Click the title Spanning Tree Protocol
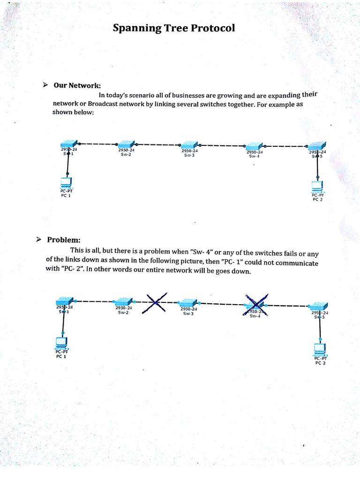173,29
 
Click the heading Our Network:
77,85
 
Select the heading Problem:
64,240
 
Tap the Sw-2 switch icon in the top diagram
126,144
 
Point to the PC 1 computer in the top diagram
67,182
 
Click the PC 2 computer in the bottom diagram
320,349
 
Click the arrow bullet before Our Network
45,85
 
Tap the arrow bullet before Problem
39,240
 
